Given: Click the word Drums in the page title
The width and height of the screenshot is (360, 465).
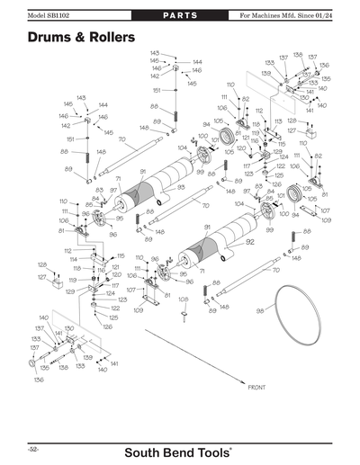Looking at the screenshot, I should pyautogui.click(x=49, y=38).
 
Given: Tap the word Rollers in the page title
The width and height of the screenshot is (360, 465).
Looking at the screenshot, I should pyautogui.click(x=109, y=38).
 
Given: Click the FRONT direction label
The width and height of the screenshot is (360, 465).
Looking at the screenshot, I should pyautogui.click(x=256, y=388).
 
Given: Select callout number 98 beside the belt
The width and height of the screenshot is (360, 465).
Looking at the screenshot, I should pyautogui.click(x=260, y=310).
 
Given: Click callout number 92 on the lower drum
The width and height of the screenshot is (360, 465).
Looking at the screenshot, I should pyautogui.click(x=251, y=242).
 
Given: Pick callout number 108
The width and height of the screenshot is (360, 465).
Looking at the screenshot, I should pyautogui.click(x=183, y=299).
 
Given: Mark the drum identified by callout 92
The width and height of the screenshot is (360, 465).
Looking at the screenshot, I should pyautogui.click(x=216, y=251).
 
